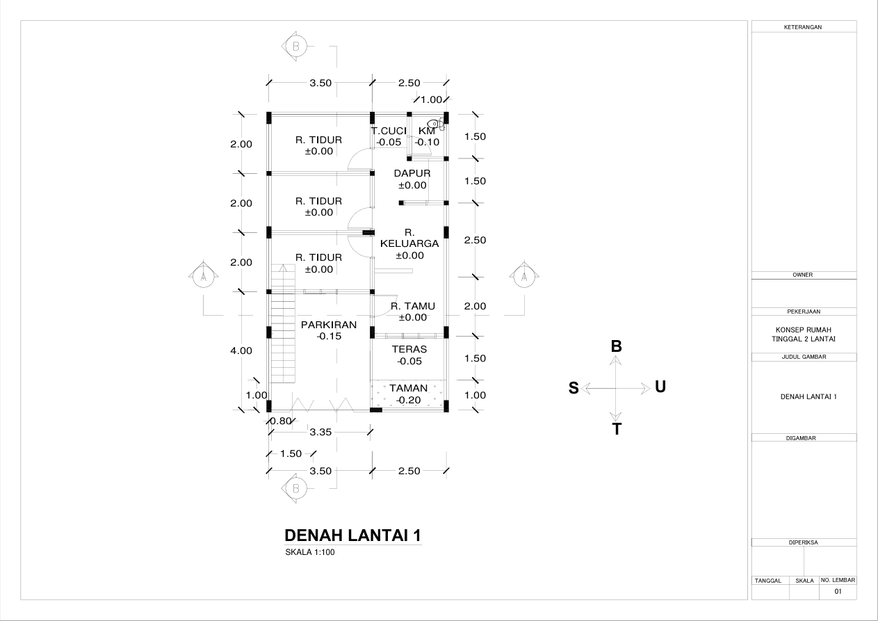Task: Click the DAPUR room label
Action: pyautogui.click(x=412, y=173)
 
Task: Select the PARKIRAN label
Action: pyautogui.click(x=328, y=325)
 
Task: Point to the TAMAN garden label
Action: pyautogui.click(x=408, y=388)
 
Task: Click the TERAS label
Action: pyautogui.click(x=409, y=349)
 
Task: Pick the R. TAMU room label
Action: pyautogui.click(x=413, y=306)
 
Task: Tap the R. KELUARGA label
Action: pyautogui.click(x=409, y=239)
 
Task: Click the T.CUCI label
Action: pyautogui.click(x=389, y=131)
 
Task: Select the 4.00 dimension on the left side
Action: pyautogui.click(x=241, y=350)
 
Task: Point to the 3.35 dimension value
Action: pyautogui.click(x=320, y=432)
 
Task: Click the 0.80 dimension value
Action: pyautogui.click(x=281, y=421)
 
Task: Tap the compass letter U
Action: pyautogui.click(x=660, y=387)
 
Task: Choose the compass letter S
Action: pyautogui.click(x=574, y=388)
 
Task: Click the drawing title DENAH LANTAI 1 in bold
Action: pyautogui.click(x=352, y=535)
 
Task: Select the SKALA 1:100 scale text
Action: pyautogui.click(x=310, y=552)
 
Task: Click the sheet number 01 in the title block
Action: pyautogui.click(x=838, y=591)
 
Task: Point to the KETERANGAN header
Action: pyautogui.click(x=803, y=27)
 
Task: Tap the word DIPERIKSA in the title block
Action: pyautogui.click(x=803, y=542)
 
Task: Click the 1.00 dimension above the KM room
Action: pyautogui.click(x=431, y=99)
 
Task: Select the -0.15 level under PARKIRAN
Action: pyautogui.click(x=329, y=336)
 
